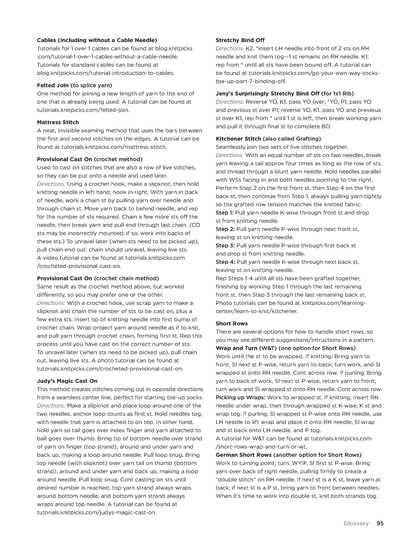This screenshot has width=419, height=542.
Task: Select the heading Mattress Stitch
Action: point(58,122)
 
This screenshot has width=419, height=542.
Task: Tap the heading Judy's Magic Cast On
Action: point(67,381)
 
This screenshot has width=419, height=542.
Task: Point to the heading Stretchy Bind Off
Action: point(240,40)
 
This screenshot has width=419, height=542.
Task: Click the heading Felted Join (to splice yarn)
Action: point(74,85)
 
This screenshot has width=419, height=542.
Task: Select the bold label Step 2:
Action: point(225,229)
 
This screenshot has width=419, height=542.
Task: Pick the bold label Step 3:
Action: point(225,245)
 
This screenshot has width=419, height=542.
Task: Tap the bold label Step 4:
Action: point(225,262)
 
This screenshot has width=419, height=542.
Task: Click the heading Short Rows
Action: point(231,324)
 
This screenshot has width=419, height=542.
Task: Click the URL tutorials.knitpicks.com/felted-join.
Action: point(83,110)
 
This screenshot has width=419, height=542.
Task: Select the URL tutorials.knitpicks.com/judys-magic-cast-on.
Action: point(97,512)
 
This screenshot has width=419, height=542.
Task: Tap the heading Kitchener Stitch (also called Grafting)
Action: point(268,139)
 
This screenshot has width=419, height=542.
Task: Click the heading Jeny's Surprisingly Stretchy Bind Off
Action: point(285,94)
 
